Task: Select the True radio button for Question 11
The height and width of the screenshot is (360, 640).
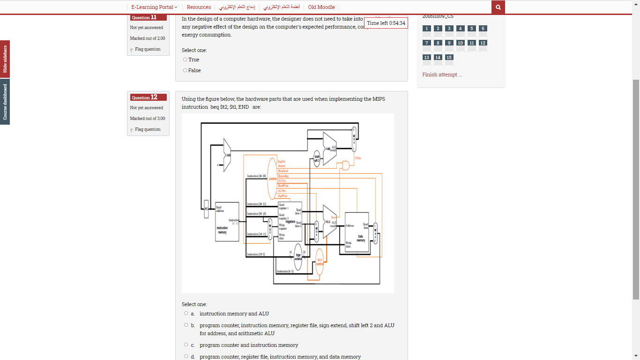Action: tap(185, 60)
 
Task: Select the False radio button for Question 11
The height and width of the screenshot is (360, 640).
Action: tap(185, 70)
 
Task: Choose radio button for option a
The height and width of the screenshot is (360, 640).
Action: tap(186, 313)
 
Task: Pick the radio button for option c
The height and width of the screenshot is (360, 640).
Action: tap(186, 345)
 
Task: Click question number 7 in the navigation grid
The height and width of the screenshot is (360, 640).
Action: tap(426, 43)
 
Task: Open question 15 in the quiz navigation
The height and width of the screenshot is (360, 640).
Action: tap(449, 58)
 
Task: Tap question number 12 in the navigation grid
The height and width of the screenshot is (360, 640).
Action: tap(483, 43)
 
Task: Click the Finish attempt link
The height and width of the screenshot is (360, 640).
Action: tap(442, 75)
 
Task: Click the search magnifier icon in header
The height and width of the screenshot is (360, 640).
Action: tap(498, 7)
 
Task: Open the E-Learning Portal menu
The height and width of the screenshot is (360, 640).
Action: tap(154, 7)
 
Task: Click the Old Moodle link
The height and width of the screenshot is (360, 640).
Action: tap(321, 7)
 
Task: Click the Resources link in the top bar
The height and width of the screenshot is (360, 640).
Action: tap(199, 7)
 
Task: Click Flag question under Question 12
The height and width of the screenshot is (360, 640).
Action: tap(148, 129)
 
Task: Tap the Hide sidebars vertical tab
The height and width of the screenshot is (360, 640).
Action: tap(5, 59)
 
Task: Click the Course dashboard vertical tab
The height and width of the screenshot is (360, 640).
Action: tap(5, 102)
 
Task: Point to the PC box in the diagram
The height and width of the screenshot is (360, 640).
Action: tap(206, 209)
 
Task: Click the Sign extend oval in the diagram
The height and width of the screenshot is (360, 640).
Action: tap(298, 257)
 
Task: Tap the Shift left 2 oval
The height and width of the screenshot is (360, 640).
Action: tap(317, 158)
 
